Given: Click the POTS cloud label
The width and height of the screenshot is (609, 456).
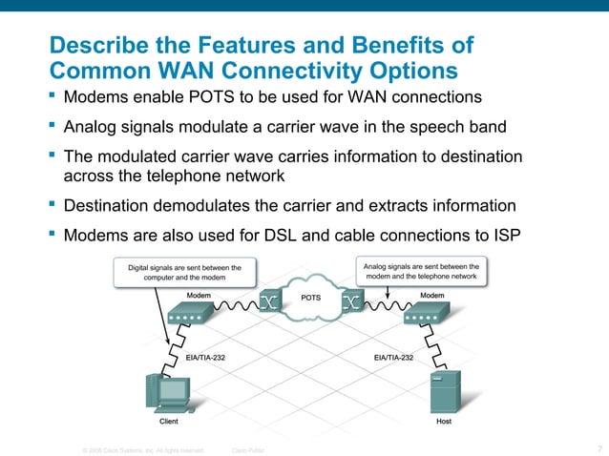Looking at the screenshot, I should coord(311,298).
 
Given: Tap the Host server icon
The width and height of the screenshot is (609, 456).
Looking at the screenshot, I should coord(442,390).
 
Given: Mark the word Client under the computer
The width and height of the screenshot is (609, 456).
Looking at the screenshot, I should coord(168,421).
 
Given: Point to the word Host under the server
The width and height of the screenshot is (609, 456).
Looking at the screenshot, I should coord(444,421).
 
